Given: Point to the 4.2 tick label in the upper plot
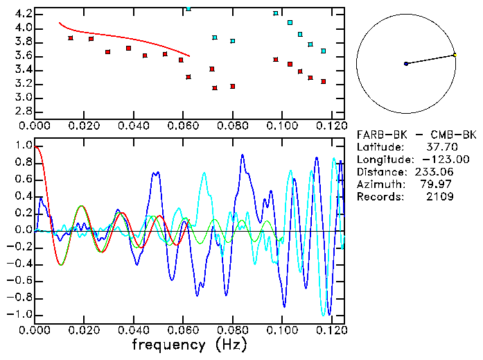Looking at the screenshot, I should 21,14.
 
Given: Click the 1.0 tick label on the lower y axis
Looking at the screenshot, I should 21,146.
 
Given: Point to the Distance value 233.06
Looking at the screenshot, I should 434,172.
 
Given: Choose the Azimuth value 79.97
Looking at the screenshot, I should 438,185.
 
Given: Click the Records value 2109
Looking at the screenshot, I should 441,197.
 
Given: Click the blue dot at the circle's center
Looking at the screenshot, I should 406,64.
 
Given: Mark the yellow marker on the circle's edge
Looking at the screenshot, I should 455,54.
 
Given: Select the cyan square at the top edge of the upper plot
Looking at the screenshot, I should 188,9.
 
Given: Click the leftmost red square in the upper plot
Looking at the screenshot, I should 71,38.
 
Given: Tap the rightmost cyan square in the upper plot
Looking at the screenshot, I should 323,51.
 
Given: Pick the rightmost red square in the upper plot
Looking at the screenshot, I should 323,82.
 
